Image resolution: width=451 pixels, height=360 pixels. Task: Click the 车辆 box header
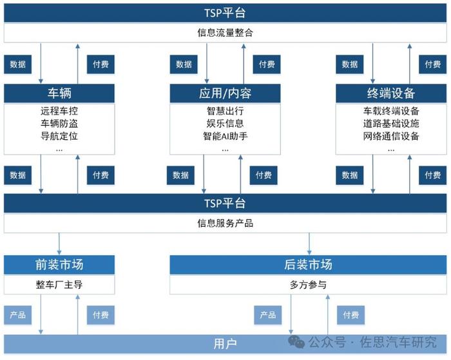59,93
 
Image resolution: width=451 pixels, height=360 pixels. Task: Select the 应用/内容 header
225,93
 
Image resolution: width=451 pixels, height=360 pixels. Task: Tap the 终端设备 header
391,93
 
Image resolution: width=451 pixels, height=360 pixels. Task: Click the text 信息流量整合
225,32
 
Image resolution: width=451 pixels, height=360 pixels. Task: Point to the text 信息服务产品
225,223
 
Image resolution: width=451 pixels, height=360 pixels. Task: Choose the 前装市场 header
59,265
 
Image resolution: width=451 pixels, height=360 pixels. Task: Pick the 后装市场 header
308,265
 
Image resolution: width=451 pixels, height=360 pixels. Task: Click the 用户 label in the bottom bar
225,344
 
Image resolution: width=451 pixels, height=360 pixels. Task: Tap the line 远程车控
59,111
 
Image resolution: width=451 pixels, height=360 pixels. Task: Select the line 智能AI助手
225,136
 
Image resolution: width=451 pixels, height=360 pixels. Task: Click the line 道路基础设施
391,124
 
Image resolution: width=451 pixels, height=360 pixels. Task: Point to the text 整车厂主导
59,285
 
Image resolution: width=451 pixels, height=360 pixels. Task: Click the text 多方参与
308,285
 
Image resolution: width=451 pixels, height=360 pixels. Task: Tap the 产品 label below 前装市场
18,315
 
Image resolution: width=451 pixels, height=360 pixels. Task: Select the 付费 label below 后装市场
350,315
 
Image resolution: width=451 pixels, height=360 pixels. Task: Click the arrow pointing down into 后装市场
309,244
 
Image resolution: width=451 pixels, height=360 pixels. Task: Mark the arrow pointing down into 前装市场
59,244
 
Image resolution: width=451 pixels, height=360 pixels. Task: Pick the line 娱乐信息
225,124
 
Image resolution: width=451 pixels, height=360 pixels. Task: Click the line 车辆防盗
59,124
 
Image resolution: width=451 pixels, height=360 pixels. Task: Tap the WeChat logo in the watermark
296,342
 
